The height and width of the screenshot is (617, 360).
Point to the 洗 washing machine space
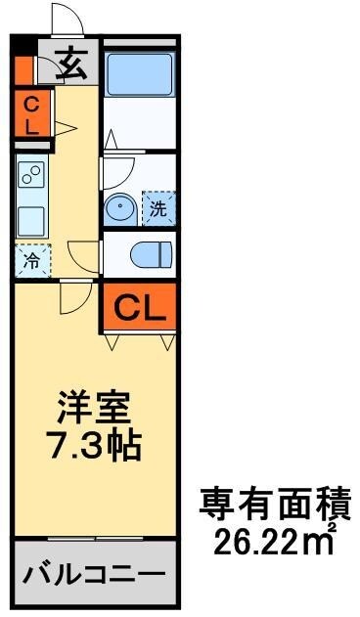point(158,207)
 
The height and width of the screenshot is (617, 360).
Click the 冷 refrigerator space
point(30,261)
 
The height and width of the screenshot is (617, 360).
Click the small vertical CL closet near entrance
point(30,113)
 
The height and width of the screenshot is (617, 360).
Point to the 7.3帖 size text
point(95,445)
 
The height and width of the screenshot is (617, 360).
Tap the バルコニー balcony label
point(95,572)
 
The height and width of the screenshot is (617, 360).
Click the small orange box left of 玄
point(23,67)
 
